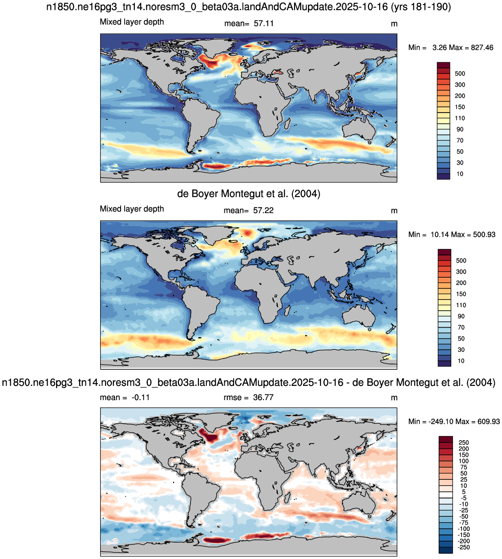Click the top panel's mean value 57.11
pos(263,24)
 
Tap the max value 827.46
pos(482,48)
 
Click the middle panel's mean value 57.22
pos(263,211)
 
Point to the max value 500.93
pos(484,235)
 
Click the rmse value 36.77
pos(263,397)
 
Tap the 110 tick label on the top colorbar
pos(460,118)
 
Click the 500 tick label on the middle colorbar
pos(461,261)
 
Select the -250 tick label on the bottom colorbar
pos(463,547)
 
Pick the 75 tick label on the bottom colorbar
pos(464,467)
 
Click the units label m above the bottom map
pos(394,398)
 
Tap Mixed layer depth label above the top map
pos(132,22)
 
